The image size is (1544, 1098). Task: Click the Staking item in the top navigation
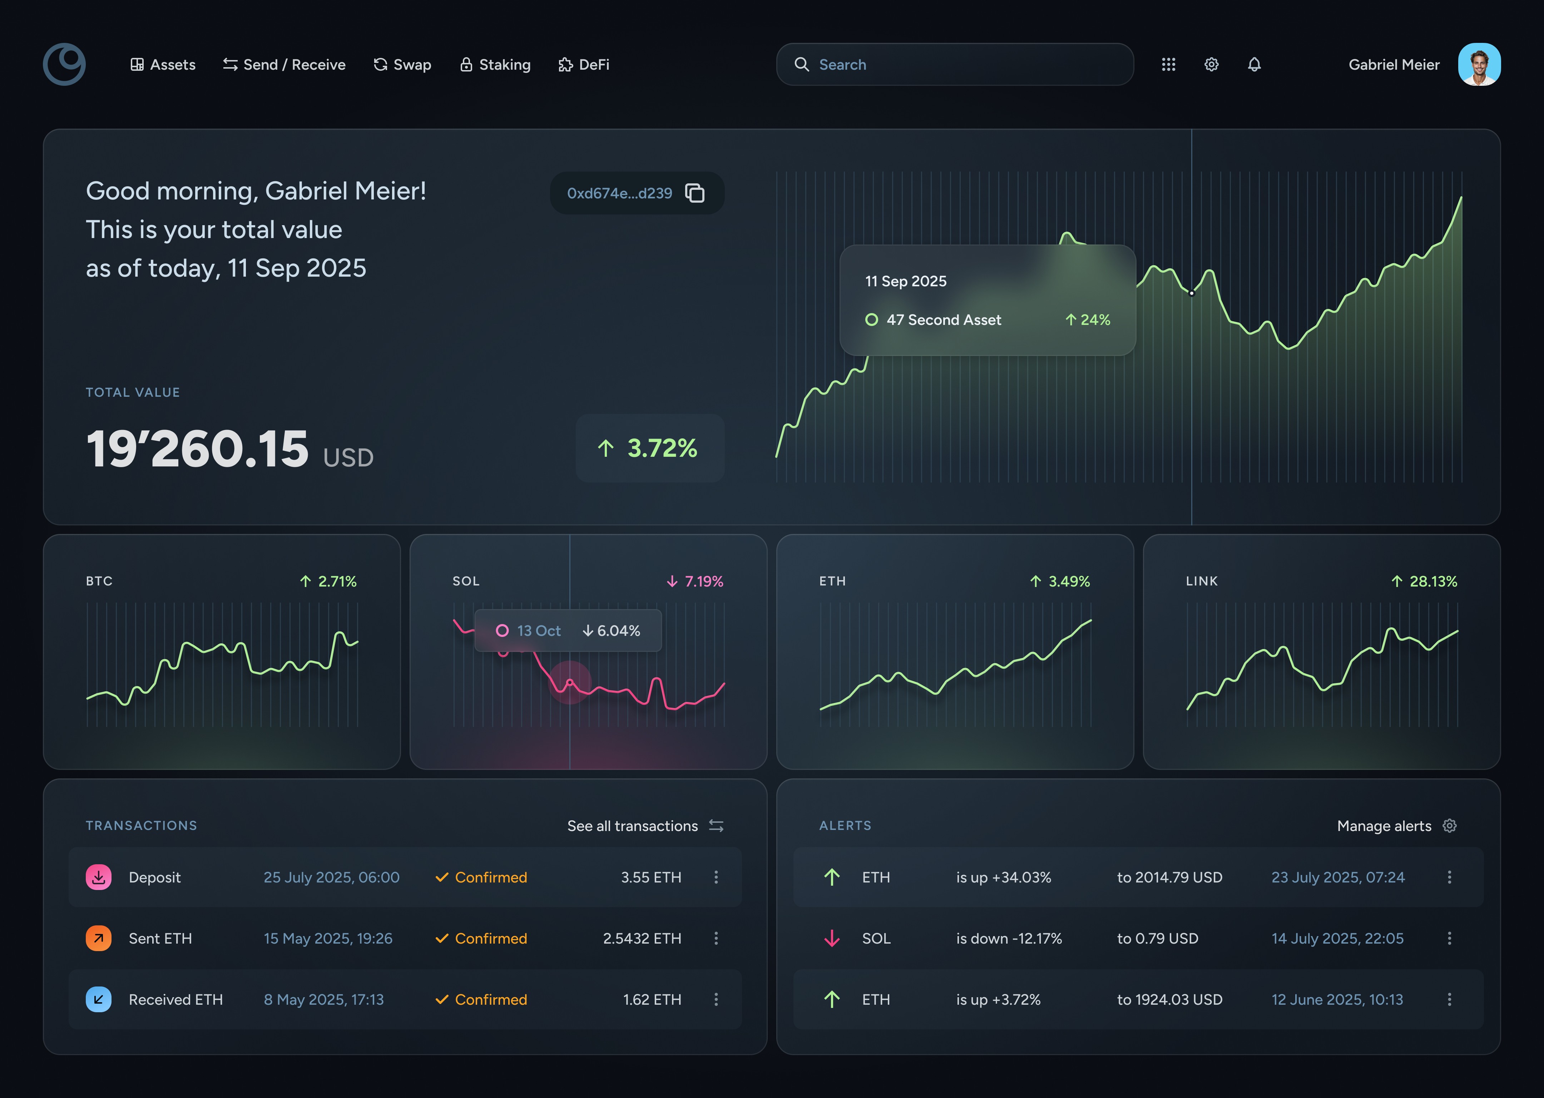(495, 65)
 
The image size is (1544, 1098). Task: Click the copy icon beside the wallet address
(695, 193)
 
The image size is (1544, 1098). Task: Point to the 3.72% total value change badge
(649, 447)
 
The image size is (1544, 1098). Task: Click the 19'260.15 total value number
(197, 449)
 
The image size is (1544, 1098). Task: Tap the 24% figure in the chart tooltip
(1088, 320)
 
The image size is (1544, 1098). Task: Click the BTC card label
(99, 582)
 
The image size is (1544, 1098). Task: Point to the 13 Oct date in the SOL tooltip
(538, 631)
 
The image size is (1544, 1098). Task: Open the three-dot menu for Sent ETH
(716, 939)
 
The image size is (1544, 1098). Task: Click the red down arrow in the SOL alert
(832, 939)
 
